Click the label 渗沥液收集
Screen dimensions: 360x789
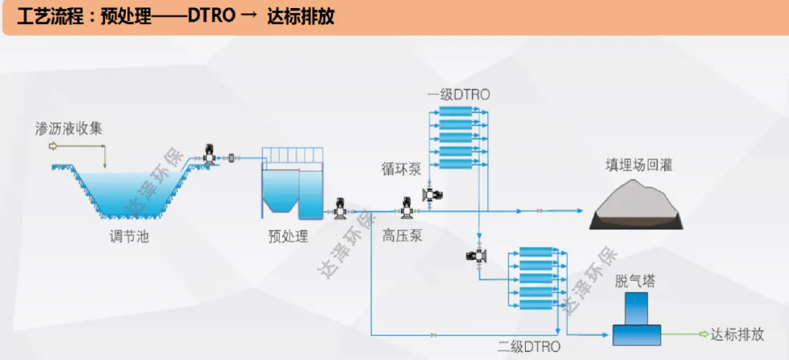click(69, 129)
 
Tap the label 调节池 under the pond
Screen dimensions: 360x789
click(124, 237)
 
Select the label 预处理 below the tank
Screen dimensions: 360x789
click(288, 237)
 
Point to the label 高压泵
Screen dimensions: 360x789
click(403, 236)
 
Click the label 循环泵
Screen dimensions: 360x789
click(402, 169)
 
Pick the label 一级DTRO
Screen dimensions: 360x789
click(458, 95)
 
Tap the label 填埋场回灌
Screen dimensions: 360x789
click(639, 165)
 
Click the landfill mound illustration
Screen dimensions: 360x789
click(636, 205)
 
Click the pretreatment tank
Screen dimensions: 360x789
click(291, 191)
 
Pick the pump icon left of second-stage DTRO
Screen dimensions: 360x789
click(478, 256)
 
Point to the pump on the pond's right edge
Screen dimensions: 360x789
click(210, 156)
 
